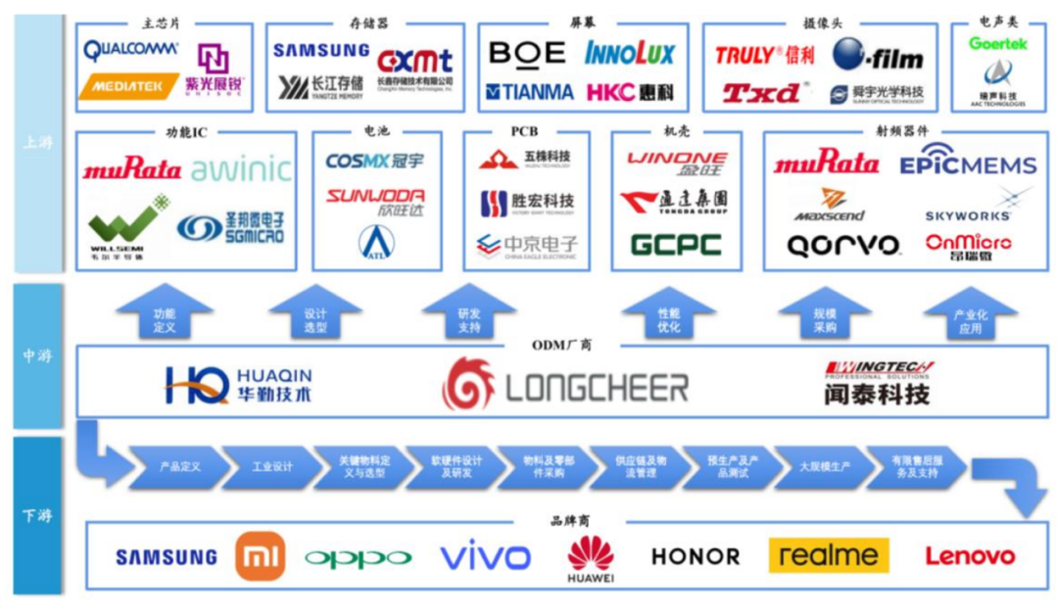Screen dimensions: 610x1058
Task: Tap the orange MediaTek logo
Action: click(x=127, y=87)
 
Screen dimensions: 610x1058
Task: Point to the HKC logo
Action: click(x=630, y=92)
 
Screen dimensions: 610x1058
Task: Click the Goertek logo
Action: click(x=998, y=44)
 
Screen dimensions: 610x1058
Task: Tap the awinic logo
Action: click(x=241, y=170)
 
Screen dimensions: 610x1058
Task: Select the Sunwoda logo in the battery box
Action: click(x=375, y=202)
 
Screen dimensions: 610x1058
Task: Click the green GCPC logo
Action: click(x=676, y=244)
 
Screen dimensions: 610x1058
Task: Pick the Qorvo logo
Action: click(x=842, y=245)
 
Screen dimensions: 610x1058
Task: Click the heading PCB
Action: click(x=524, y=131)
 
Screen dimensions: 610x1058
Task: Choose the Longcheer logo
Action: click(x=566, y=385)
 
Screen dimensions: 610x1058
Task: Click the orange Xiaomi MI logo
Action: click(x=260, y=556)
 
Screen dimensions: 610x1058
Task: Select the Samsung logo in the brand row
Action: click(x=167, y=557)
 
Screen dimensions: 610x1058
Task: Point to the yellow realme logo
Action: click(x=828, y=556)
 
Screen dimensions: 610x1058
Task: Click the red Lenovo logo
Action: click(x=970, y=556)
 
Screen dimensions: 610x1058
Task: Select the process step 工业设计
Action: click(x=271, y=467)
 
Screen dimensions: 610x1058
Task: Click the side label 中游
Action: click(x=37, y=356)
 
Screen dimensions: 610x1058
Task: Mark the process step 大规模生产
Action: click(x=823, y=467)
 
